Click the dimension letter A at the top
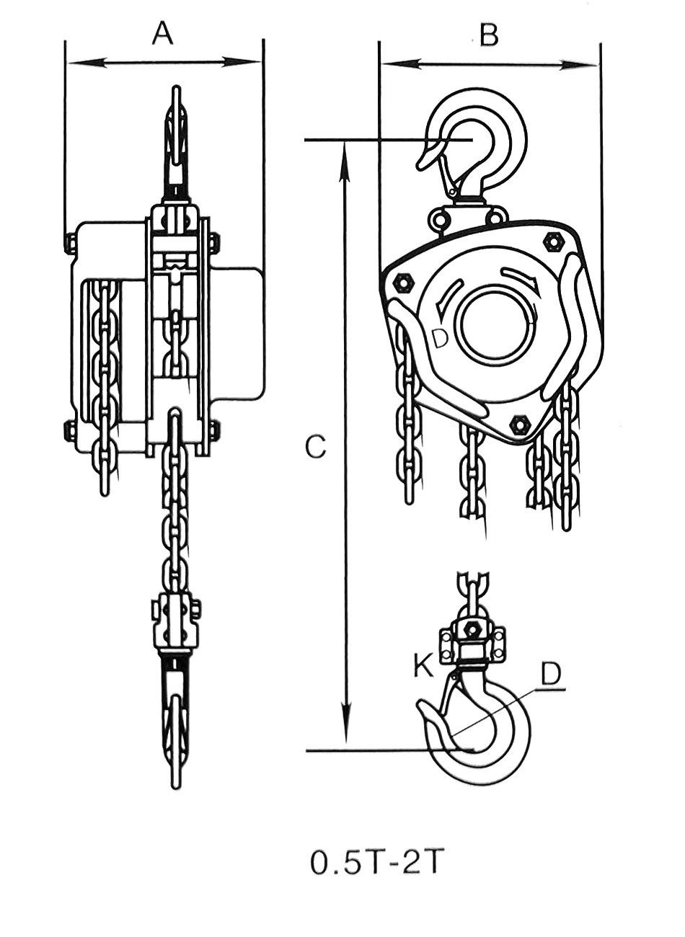pyautogui.click(x=163, y=33)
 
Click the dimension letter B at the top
pyautogui.click(x=489, y=35)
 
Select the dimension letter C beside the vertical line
pyautogui.click(x=315, y=447)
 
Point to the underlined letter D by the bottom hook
pyautogui.click(x=551, y=673)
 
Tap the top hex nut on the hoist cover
pyautogui.click(x=554, y=241)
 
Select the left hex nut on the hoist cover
pyautogui.click(x=402, y=283)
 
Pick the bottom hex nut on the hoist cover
pyautogui.click(x=517, y=424)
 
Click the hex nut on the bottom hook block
pyautogui.click(x=473, y=629)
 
